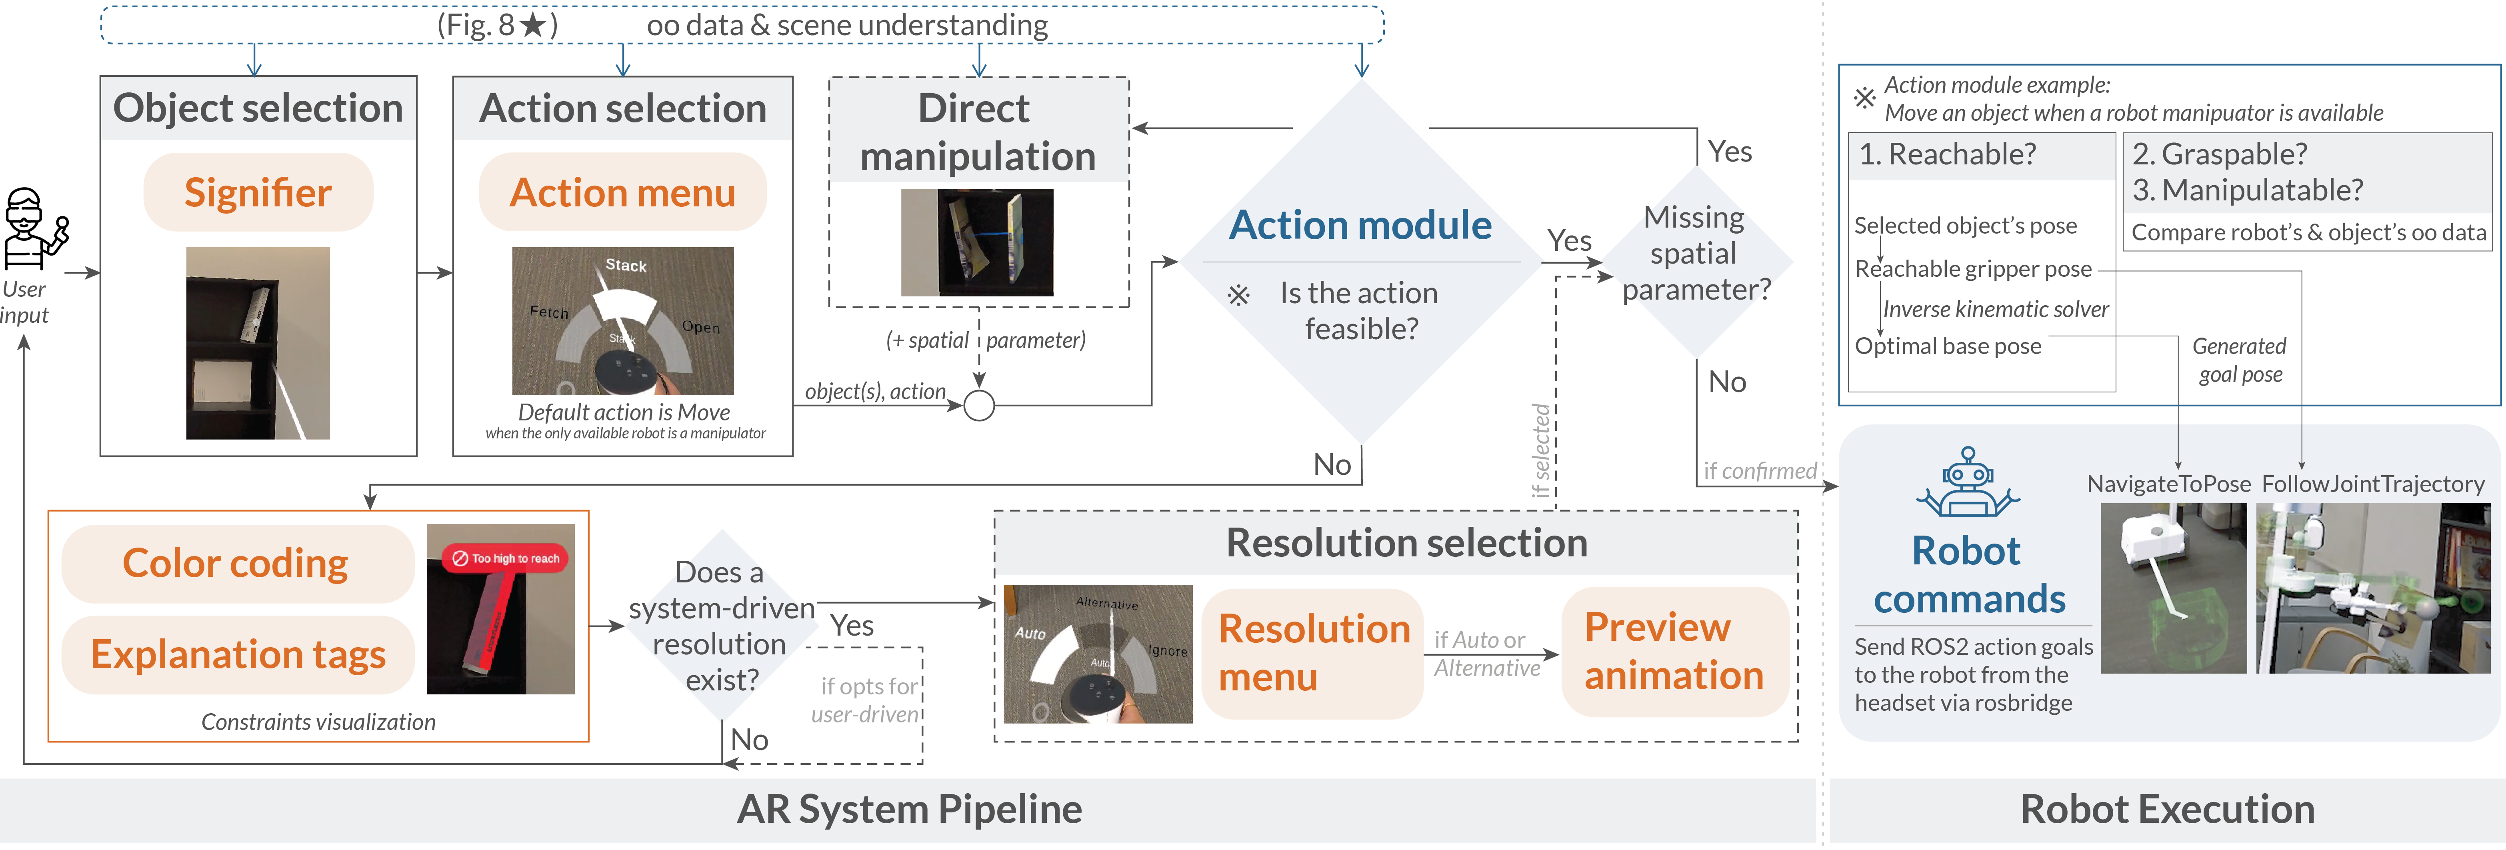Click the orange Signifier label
pos(258,192)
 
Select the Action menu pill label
pos(623,192)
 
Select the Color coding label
pos(236,563)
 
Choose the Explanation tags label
pos(238,654)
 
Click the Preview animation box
pos(1673,652)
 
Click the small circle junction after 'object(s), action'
pos(979,406)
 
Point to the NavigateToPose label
pos(2168,484)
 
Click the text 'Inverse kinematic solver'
pos(1995,309)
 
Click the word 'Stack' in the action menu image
pos(626,264)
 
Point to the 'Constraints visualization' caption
pos(318,722)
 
